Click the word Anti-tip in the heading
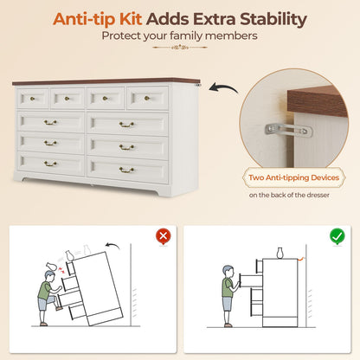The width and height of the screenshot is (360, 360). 97,19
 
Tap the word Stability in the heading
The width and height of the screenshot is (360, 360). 273,20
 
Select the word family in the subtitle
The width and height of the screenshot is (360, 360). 186,35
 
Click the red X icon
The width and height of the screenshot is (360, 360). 164,236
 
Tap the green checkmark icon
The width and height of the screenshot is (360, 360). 337,236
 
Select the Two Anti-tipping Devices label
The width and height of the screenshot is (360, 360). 294,177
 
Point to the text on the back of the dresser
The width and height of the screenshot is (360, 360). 289,195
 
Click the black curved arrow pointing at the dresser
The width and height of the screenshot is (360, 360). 223,87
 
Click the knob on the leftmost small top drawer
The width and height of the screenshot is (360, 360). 32,99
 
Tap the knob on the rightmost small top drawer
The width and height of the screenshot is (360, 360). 147,99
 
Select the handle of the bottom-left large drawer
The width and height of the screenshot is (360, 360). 50,164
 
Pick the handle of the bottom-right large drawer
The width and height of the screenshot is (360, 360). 126,170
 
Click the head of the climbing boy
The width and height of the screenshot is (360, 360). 50,276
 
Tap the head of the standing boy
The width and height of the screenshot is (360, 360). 228,272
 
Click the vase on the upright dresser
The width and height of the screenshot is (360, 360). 280,253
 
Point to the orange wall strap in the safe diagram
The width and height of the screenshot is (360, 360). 300,259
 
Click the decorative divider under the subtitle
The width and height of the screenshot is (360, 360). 180,47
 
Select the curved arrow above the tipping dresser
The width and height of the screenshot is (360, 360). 112,246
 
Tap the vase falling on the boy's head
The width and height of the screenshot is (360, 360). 52,266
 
